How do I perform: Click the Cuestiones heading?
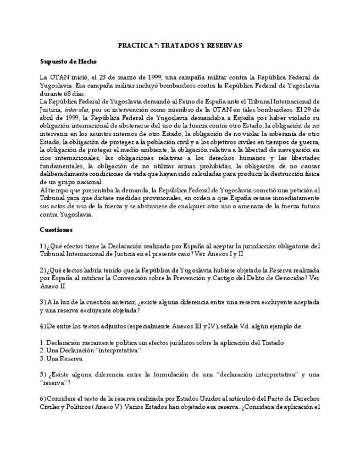tap(56, 229)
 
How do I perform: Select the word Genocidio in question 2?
tap(284, 278)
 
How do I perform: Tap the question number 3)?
tap(43, 302)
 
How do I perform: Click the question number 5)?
tap(43, 375)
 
